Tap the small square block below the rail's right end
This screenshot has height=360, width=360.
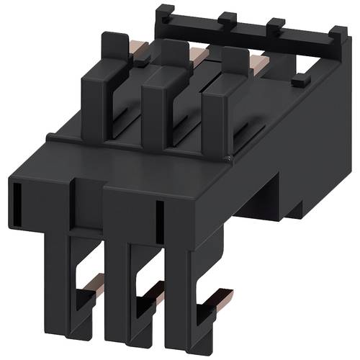[x=295, y=84]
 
